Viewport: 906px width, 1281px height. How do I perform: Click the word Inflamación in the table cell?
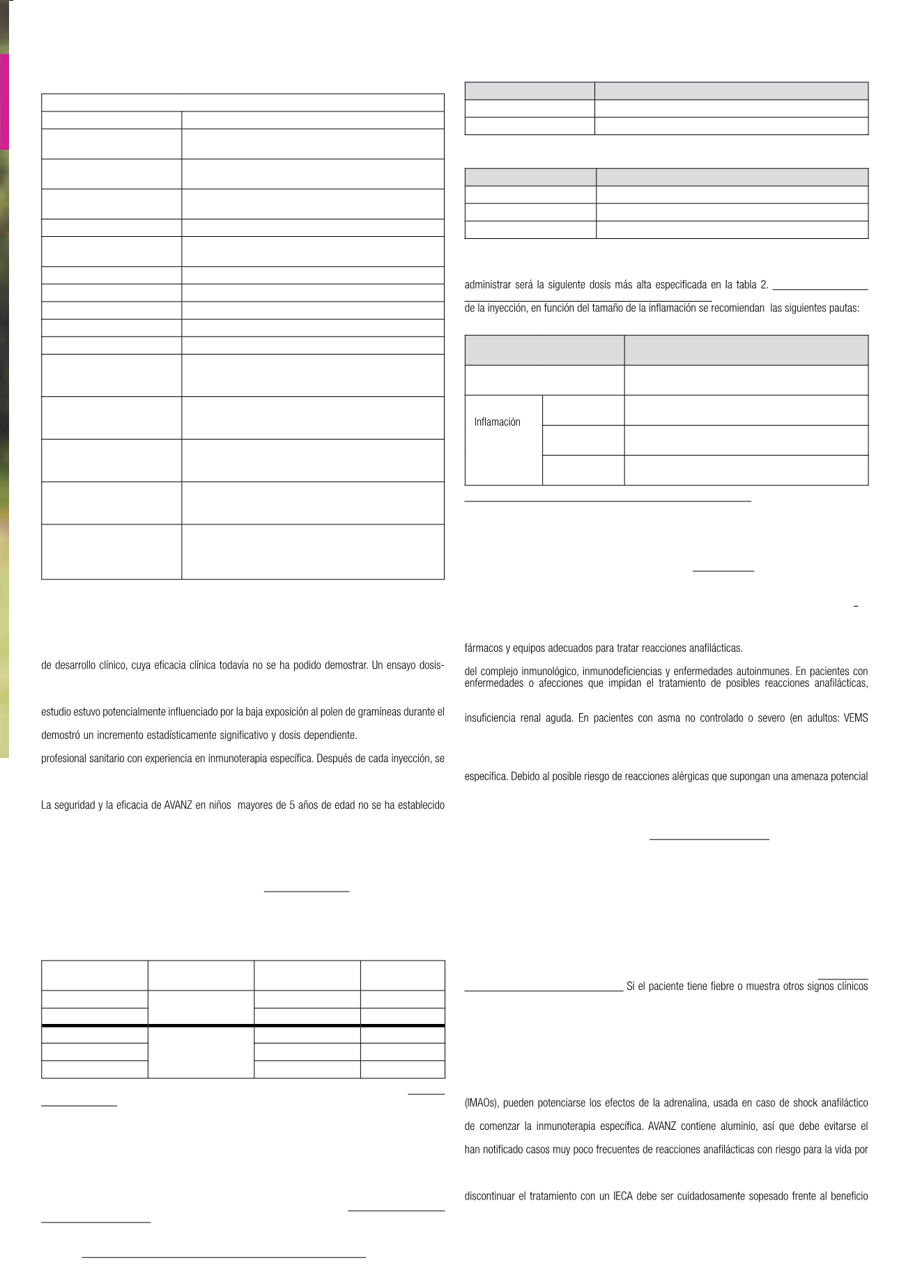click(497, 422)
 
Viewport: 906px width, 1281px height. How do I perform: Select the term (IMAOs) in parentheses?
click(481, 1103)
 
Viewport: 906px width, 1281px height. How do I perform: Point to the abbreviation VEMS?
click(856, 717)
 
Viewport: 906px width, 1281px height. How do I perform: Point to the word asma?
click(668, 717)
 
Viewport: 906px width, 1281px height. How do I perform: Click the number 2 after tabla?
click(765, 284)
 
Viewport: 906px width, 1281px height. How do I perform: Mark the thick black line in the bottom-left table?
click(243, 1025)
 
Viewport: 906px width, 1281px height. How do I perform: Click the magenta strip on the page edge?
click(4, 102)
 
